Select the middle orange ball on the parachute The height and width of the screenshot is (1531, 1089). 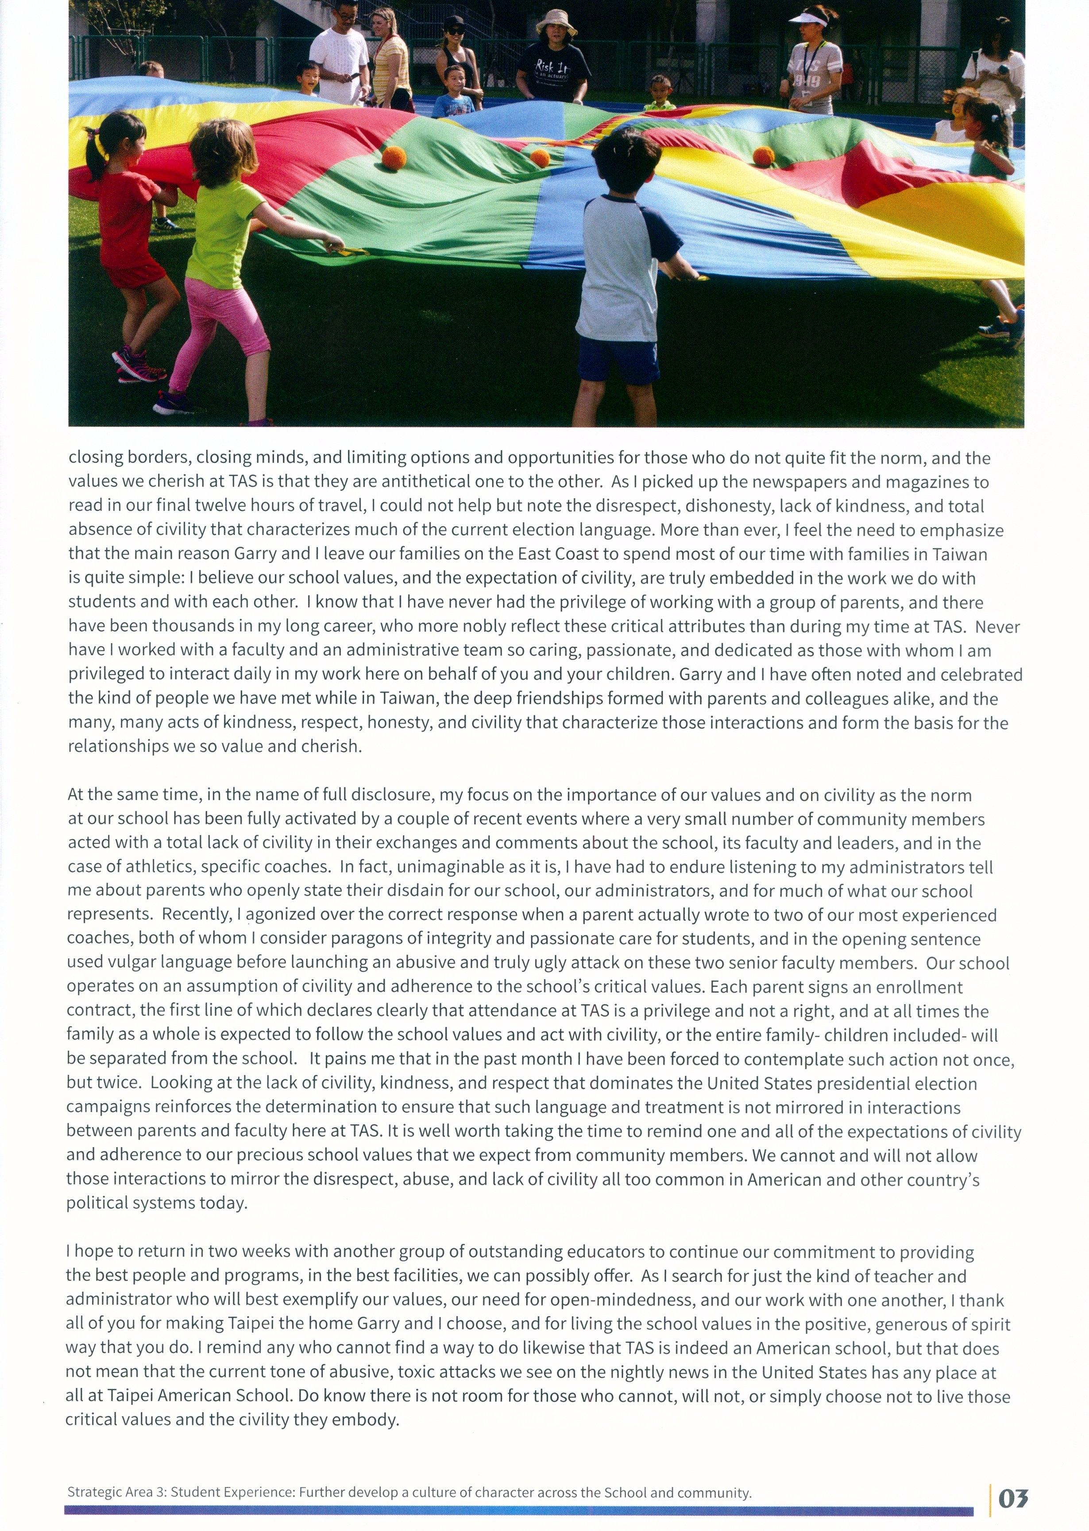click(540, 158)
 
